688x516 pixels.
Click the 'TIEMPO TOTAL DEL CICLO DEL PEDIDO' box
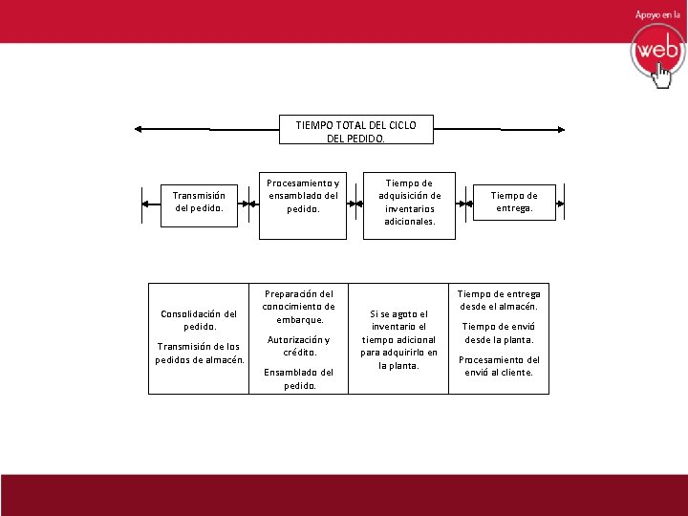tap(355, 131)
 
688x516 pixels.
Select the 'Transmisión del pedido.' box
tap(199, 202)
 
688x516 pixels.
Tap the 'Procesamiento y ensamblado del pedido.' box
tap(302, 195)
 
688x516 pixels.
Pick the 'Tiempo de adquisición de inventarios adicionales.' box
tap(409, 202)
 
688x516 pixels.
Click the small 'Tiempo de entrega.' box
tap(514, 202)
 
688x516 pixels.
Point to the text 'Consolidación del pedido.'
tap(199, 319)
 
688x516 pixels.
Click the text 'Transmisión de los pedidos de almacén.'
tap(200, 353)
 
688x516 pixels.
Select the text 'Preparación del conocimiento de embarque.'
tap(300, 307)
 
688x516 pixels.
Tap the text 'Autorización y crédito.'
tap(299, 346)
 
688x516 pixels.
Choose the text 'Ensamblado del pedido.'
tap(299, 379)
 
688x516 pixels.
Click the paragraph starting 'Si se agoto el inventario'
tap(398, 339)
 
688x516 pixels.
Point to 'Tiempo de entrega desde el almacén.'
tap(499, 300)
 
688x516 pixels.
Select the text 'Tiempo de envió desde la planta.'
tap(499, 333)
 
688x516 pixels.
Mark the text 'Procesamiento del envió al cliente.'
tap(499, 366)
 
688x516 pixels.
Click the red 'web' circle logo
tap(656, 50)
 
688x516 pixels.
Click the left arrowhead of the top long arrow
tap(140, 128)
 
